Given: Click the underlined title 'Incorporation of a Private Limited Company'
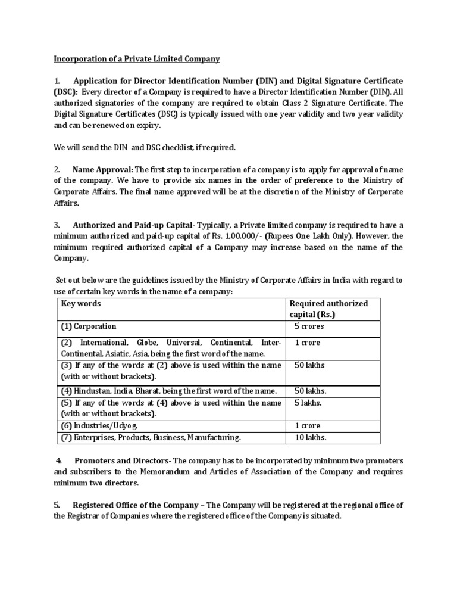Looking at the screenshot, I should tap(137, 59).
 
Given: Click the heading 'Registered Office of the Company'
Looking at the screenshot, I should tap(135, 505).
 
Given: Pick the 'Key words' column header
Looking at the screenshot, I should tap(82, 304).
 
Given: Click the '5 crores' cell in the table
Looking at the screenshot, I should tap(309, 326).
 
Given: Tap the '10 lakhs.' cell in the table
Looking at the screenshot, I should tap(311, 437).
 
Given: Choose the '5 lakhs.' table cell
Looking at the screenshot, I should tap(308, 403).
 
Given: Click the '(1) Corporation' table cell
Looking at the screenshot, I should tap(89, 326).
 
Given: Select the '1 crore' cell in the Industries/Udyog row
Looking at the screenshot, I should tap(308, 425).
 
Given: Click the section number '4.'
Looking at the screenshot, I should tap(59, 461).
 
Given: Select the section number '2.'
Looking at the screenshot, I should tap(57, 169).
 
